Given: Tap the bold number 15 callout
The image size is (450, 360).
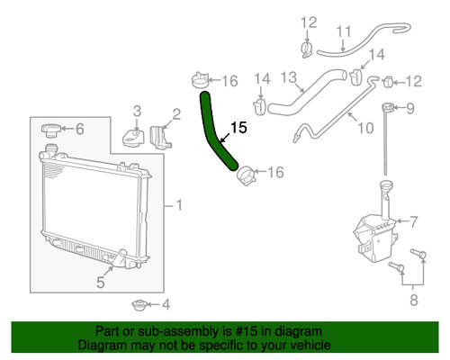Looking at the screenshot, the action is point(238,128).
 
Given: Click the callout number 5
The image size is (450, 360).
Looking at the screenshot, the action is point(101,283).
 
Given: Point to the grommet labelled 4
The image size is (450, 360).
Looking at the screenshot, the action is point(139,305).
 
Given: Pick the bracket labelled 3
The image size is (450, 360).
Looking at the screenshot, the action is point(133,138).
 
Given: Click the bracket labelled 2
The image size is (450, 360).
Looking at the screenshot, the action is point(160,138).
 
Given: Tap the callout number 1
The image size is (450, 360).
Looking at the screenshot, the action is point(179,205).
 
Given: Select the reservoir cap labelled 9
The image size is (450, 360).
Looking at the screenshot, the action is point(389,107).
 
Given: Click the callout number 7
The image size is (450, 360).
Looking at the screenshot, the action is point(413,222).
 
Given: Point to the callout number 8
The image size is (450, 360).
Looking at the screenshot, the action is point(414,300).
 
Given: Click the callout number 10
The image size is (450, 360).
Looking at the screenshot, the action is point(365,128).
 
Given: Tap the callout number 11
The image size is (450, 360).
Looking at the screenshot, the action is point(344,31).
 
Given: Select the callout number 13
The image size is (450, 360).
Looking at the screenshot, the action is point(289,77).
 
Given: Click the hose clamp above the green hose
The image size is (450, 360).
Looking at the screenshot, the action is point(200,80).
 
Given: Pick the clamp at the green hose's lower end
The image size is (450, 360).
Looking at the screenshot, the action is point(247,176).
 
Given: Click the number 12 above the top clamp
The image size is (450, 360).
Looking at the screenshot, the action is point(309,22).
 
